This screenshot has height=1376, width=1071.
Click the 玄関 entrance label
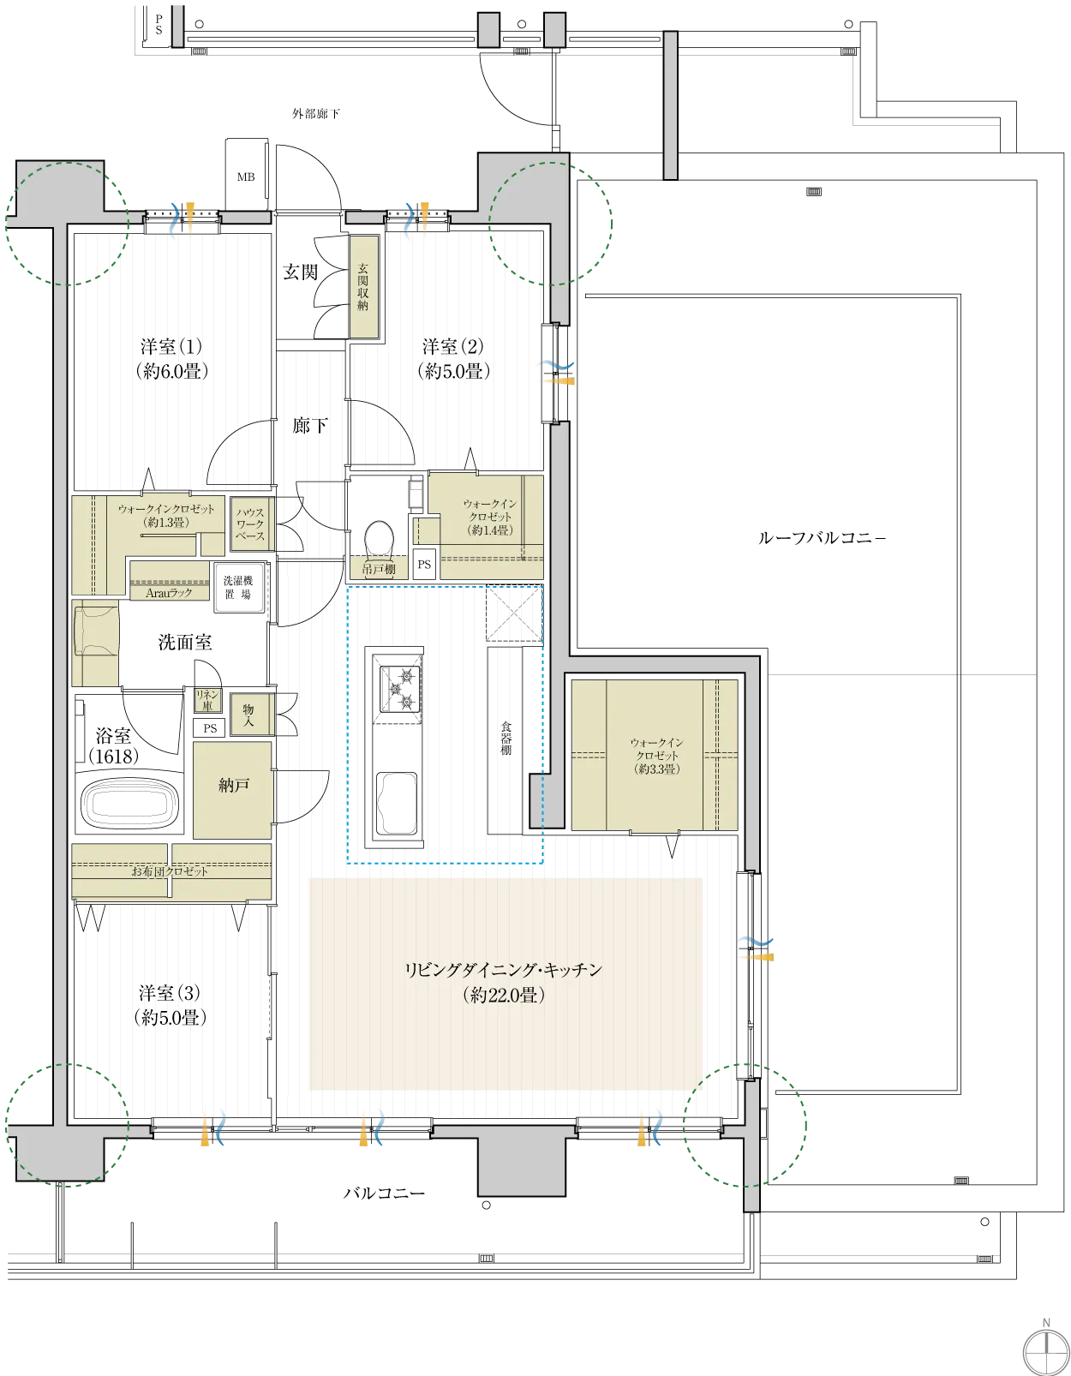300,272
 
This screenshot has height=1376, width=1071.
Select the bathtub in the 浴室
130,804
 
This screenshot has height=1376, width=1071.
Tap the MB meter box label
246,177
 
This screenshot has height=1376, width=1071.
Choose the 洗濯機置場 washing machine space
239,588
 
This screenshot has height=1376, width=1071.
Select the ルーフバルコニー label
822,538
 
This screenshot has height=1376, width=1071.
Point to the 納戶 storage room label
234,785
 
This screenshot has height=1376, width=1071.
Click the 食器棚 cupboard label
506,738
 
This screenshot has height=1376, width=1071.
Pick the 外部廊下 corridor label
316,114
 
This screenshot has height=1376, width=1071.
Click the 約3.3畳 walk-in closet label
657,769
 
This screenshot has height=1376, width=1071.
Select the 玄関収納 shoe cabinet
364,287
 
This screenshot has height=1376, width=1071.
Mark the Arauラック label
169,594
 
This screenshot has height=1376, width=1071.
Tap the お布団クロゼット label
170,871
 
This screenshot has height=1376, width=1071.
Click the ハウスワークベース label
251,523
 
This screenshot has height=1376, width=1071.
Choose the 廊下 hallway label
309,425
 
